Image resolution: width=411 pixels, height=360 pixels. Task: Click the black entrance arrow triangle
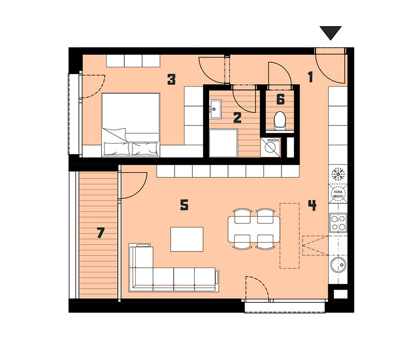tap(330, 32)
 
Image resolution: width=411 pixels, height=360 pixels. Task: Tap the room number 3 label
tap(172, 80)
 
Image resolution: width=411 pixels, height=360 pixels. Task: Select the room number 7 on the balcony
tap(101, 233)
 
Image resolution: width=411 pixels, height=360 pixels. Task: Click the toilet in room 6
tap(280, 121)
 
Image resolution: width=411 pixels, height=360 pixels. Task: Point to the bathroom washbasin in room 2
tap(215, 109)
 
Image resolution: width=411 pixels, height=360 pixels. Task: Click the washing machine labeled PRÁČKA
tap(270, 147)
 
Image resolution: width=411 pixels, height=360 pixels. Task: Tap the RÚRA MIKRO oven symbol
tap(338, 194)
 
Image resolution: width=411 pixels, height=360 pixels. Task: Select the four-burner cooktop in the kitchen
tap(338, 223)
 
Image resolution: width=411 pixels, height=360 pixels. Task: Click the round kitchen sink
tap(338, 265)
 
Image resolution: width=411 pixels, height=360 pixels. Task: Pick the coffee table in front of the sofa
tap(187, 239)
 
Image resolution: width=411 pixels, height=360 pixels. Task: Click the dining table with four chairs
tap(254, 229)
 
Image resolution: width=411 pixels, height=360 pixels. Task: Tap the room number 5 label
tap(184, 205)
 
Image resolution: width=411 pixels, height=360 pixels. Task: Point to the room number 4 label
tap(312, 205)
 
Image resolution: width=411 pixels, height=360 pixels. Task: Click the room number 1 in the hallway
tap(311, 77)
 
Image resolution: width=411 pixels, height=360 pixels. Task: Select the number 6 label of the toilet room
tap(281, 99)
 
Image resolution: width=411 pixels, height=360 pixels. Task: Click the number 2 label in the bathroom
tap(237, 118)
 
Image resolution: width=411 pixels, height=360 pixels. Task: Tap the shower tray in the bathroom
tap(223, 143)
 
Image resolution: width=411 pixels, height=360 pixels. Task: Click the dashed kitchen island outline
tap(290, 236)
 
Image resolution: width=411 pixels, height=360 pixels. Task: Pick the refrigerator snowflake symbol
tap(338, 174)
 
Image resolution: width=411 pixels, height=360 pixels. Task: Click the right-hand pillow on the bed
tap(145, 149)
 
